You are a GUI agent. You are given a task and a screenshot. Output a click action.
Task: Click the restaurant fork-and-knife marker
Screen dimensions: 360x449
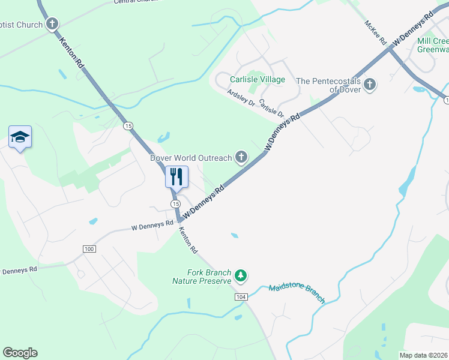coord(176,176)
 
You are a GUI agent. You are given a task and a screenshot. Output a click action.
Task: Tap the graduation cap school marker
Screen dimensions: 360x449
coord(20,137)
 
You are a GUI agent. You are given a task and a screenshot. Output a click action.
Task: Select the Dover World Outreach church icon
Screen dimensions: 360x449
coord(241,158)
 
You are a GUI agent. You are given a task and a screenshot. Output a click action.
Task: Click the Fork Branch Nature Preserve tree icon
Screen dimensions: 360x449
coord(241,275)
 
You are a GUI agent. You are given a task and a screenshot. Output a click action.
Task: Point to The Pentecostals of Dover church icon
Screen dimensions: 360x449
coord(370,85)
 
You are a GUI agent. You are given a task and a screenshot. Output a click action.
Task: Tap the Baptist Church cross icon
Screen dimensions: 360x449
coord(53,25)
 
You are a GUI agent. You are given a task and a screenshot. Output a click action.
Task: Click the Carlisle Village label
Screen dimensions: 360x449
coord(258,79)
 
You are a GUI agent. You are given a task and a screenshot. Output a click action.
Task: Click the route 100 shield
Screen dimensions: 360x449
coord(89,248)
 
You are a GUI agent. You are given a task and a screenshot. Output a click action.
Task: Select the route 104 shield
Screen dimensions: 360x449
coord(241,297)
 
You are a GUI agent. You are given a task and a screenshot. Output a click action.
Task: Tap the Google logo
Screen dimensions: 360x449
coord(20,353)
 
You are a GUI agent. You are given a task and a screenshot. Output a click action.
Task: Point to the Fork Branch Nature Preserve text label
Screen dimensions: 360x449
coord(202,276)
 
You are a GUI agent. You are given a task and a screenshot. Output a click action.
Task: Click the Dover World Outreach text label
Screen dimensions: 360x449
coord(191,158)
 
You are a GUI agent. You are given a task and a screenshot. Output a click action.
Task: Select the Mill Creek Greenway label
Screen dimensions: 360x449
coord(432,45)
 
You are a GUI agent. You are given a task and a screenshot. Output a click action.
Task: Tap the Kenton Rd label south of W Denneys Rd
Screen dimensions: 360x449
coord(187,238)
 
